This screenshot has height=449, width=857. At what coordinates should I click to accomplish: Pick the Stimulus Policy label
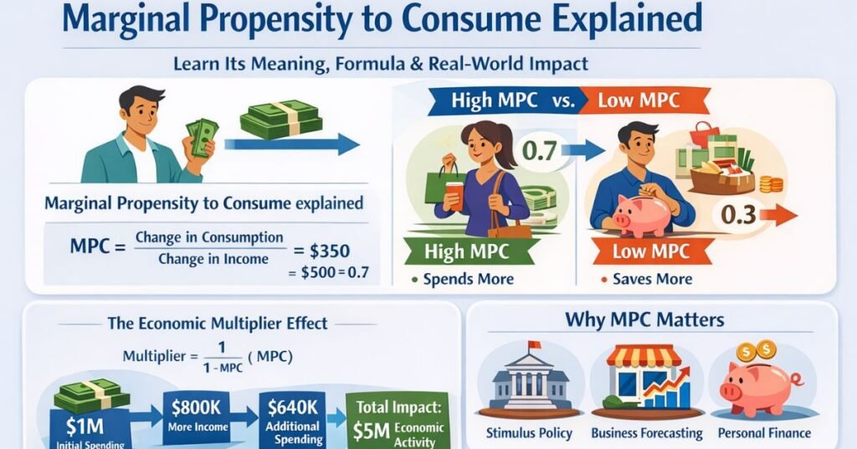coord(527,433)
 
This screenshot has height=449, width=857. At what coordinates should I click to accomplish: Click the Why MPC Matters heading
coord(644,319)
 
